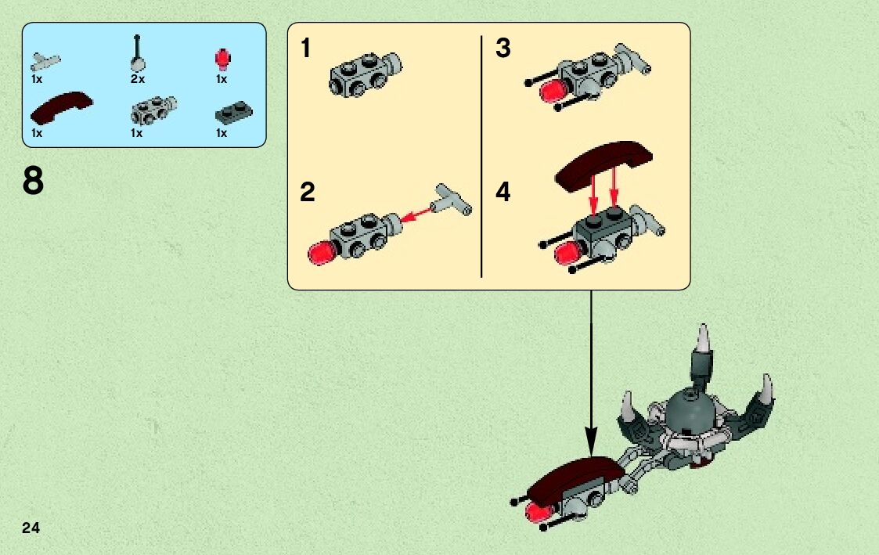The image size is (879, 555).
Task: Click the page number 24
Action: (31, 528)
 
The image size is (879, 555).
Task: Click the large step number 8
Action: (33, 181)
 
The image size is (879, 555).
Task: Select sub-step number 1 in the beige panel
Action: (305, 49)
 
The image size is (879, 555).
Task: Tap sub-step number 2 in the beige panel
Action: (307, 193)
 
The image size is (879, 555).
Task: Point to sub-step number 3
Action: (503, 49)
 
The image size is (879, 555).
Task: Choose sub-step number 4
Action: (503, 192)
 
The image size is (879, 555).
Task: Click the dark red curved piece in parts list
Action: (60, 108)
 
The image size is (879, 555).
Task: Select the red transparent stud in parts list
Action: (222, 59)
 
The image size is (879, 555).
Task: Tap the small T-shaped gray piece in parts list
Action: (45, 61)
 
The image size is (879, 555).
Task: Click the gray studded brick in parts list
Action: (153, 110)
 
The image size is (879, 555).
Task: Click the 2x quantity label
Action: (138, 79)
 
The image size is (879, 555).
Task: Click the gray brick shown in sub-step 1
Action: (366, 74)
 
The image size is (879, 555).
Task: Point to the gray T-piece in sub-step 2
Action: (452, 200)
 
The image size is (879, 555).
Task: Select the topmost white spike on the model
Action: (703, 339)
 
